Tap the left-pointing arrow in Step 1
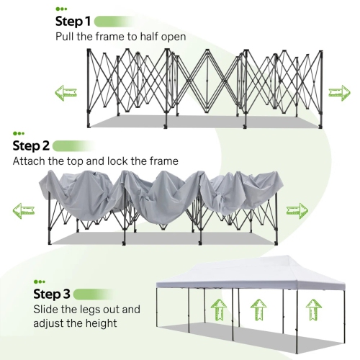click(66, 92)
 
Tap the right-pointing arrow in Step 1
click(338, 91)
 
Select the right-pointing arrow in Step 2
click(297, 210)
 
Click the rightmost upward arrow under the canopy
click(312, 311)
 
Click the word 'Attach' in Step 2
click(30, 161)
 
